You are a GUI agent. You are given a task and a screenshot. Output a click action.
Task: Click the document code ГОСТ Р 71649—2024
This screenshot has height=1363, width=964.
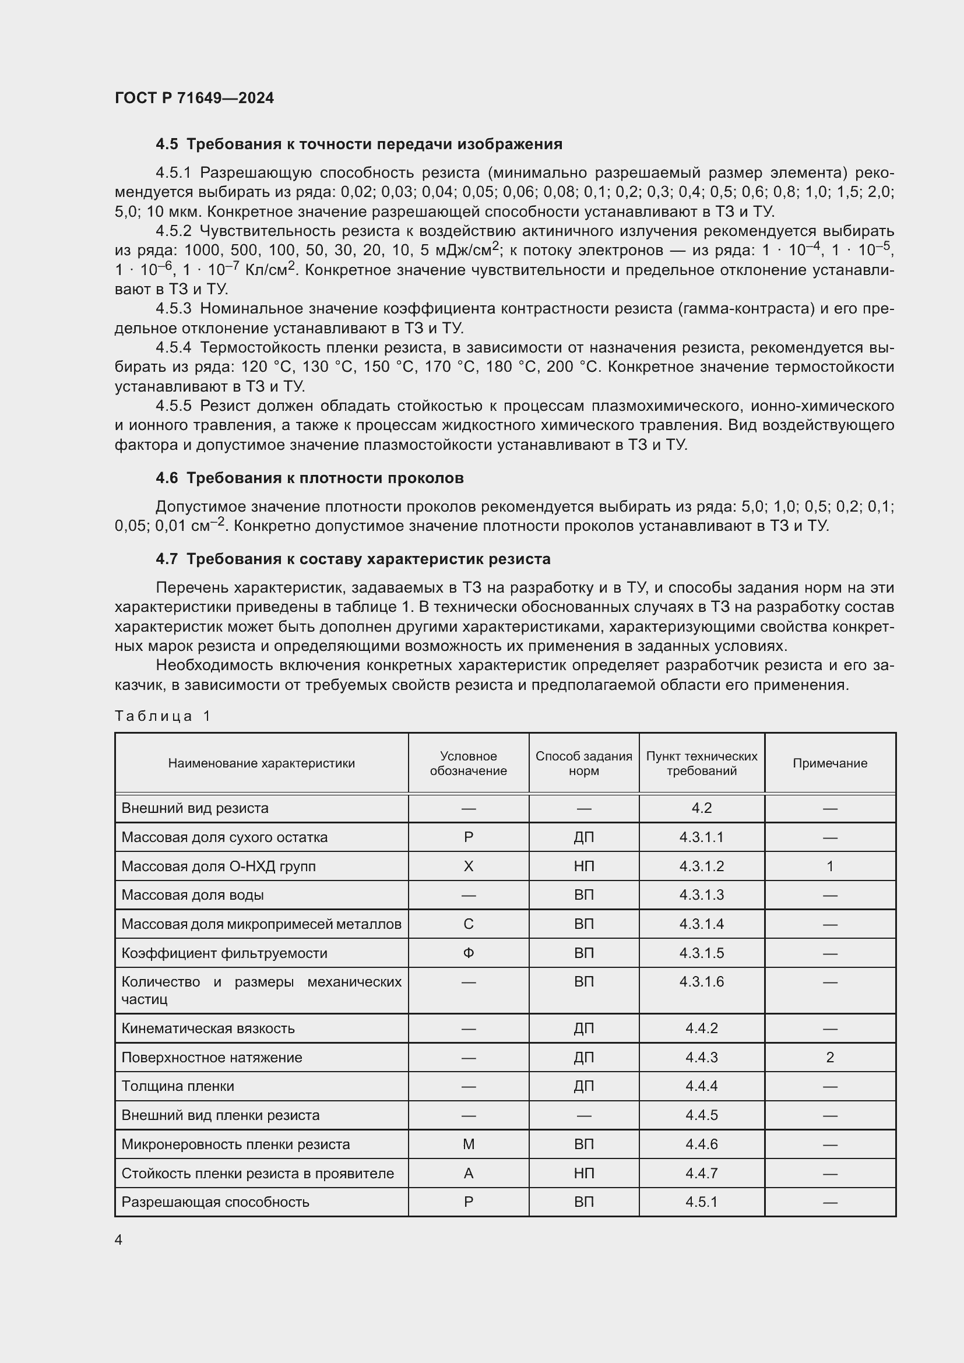coord(194,98)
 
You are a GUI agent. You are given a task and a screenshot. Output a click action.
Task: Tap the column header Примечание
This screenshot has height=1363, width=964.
coord(829,763)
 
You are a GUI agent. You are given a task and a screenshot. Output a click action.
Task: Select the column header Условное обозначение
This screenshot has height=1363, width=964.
coord(468,763)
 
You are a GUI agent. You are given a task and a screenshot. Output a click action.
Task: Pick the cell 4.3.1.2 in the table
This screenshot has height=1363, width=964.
coord(701,866)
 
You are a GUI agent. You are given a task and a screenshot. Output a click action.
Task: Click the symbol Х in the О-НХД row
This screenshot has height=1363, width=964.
coord(468,866)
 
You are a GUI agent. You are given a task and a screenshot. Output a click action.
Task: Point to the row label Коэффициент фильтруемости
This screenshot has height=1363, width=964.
coord(224,953)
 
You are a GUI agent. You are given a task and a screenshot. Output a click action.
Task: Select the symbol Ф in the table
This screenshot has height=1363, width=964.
coord(468,953)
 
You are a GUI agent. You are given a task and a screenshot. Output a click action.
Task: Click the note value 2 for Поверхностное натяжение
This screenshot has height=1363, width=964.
coord(829,1057)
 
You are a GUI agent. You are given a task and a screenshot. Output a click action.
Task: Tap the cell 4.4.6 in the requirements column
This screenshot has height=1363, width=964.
coord(701,1144)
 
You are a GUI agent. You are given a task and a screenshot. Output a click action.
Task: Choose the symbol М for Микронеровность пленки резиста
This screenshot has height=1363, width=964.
coord(468,1144)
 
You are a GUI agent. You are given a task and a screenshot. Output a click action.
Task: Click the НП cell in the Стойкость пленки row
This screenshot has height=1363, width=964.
coord(583,1173)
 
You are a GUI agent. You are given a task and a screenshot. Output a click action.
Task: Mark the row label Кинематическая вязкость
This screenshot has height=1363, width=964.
coord(207,1028)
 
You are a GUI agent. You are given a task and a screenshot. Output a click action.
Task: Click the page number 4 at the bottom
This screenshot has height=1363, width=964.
coord(118,1239)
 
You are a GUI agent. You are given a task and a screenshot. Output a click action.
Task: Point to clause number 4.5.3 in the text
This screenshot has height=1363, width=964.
coord(173,309)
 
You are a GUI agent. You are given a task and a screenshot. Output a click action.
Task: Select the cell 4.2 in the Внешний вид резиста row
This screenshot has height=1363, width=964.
coord(701,808)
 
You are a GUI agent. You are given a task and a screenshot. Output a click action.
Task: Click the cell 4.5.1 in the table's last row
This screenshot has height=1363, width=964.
coord(701,1202)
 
